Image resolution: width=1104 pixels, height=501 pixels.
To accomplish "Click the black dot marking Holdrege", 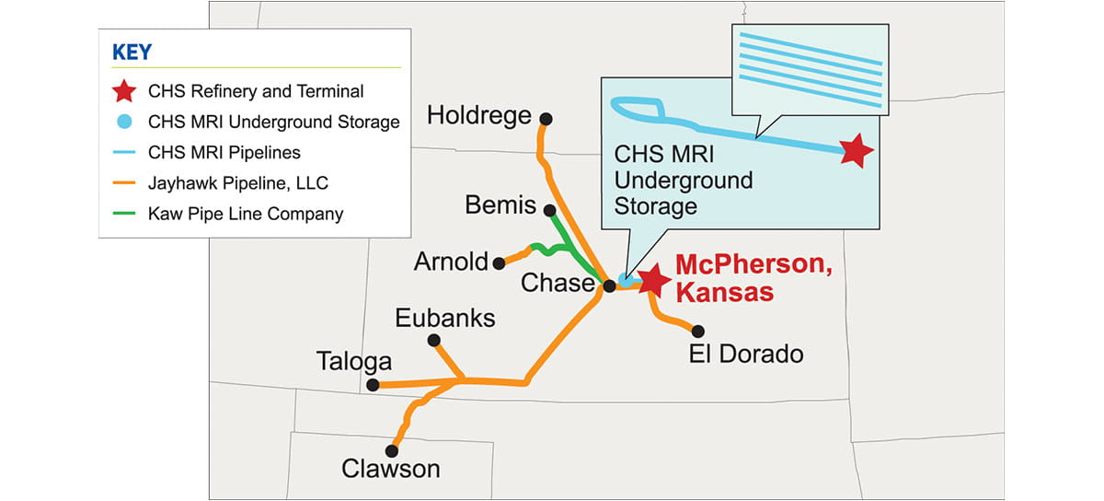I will coord(546,118).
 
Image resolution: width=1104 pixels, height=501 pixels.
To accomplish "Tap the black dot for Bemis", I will coord(549,209).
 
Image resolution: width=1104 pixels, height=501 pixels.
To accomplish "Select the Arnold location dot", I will coord(499,262).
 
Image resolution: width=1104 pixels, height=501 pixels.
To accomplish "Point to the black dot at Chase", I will coord(609,286).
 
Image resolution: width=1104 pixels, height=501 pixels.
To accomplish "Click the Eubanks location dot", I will coord(434,341).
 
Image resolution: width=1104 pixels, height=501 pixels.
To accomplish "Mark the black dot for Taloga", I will coord(373,385).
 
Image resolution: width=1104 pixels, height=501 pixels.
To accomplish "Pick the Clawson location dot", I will coord(392,450).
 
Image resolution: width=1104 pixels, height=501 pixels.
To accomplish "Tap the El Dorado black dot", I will coord(698,331).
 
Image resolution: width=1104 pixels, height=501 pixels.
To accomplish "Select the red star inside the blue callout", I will coord(857,150).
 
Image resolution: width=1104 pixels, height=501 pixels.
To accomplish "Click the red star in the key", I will coord(124,91).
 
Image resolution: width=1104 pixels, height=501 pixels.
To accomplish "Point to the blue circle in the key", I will coord(124,122).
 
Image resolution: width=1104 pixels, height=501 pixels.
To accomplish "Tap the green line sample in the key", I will coord(124,215).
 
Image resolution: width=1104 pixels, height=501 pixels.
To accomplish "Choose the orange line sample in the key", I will coord(124,183).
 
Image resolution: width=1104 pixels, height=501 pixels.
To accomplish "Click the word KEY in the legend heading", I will coord(132,52).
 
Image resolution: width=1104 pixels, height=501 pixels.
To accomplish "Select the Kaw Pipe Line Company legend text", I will coord(246,215).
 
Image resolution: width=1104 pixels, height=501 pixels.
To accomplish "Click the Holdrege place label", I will coord(479,116).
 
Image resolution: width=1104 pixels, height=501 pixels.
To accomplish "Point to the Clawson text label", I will coord(390,469).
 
